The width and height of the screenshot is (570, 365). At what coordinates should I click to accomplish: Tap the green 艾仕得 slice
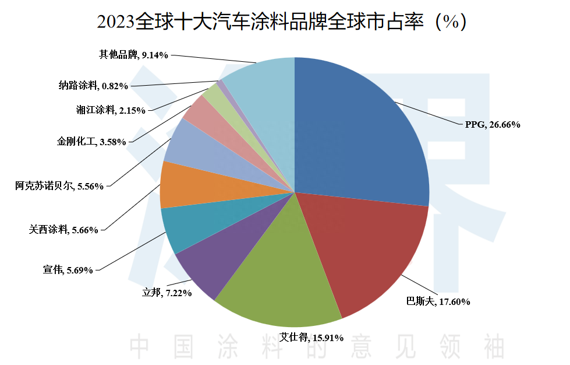[x=279, y=286]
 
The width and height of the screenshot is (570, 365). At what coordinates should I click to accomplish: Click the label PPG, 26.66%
[x=492, y=124]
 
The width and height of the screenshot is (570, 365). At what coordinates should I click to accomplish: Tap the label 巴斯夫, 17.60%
[x=438, y=301]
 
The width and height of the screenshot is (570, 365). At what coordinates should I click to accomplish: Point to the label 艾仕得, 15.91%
[x=311, y=337]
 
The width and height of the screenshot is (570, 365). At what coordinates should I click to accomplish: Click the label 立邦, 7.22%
[x=167, y=293]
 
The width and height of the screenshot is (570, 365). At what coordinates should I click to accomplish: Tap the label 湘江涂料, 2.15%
[x=111, y=110]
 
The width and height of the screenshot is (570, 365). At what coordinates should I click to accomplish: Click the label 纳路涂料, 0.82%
[x=93, y=86]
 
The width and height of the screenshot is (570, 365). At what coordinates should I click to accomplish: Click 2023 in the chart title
[x=115, y=23]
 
